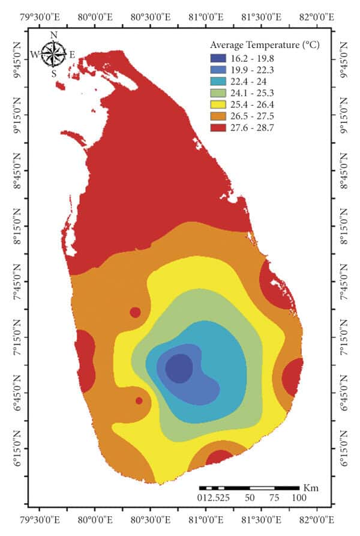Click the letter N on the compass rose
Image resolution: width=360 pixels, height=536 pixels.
tap(53, 35)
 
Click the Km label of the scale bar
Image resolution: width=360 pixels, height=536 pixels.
tap(311, 487)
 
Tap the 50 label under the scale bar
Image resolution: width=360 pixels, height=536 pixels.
tap(250, 498)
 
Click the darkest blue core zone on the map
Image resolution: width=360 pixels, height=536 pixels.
tap(179, 368)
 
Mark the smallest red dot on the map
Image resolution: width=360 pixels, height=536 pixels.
tap(139, 400)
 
